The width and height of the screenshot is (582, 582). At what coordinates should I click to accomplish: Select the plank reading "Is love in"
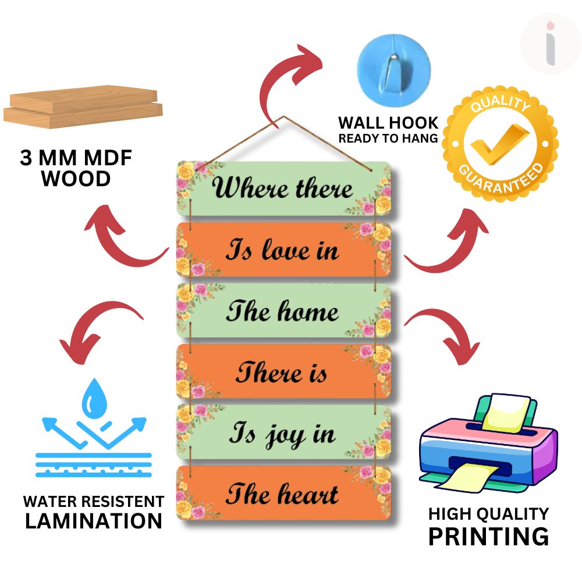pyautogui.click(x=283, y=250)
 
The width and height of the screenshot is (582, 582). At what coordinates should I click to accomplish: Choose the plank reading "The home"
pyautogui.click(x=283, y=311)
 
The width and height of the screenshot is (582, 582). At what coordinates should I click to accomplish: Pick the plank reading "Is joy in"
pyautogui.click(x=283, y=434)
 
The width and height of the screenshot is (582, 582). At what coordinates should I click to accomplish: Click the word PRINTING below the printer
pyautogui.click(x=488, y=536)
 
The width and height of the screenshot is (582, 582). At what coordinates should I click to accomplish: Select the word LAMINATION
pyautogui.click(x=93, y=521)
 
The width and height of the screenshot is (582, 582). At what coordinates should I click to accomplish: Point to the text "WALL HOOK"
pyautogui.click(x=388, y=123)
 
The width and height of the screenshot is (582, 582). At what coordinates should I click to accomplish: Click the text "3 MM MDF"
pyautogui.click(x=76, y=159)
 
